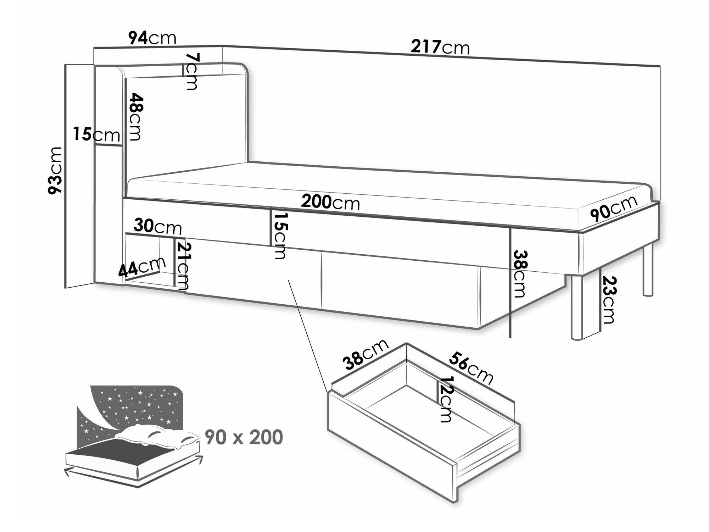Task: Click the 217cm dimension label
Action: coord(440,48)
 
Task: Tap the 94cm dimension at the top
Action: coord(152,38)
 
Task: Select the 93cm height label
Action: coord(56,170)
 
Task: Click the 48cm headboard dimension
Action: coord(135,117)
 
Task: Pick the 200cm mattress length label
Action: coord(330,203)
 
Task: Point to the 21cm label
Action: coord(184,266)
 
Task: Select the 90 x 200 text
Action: coord(244,437)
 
